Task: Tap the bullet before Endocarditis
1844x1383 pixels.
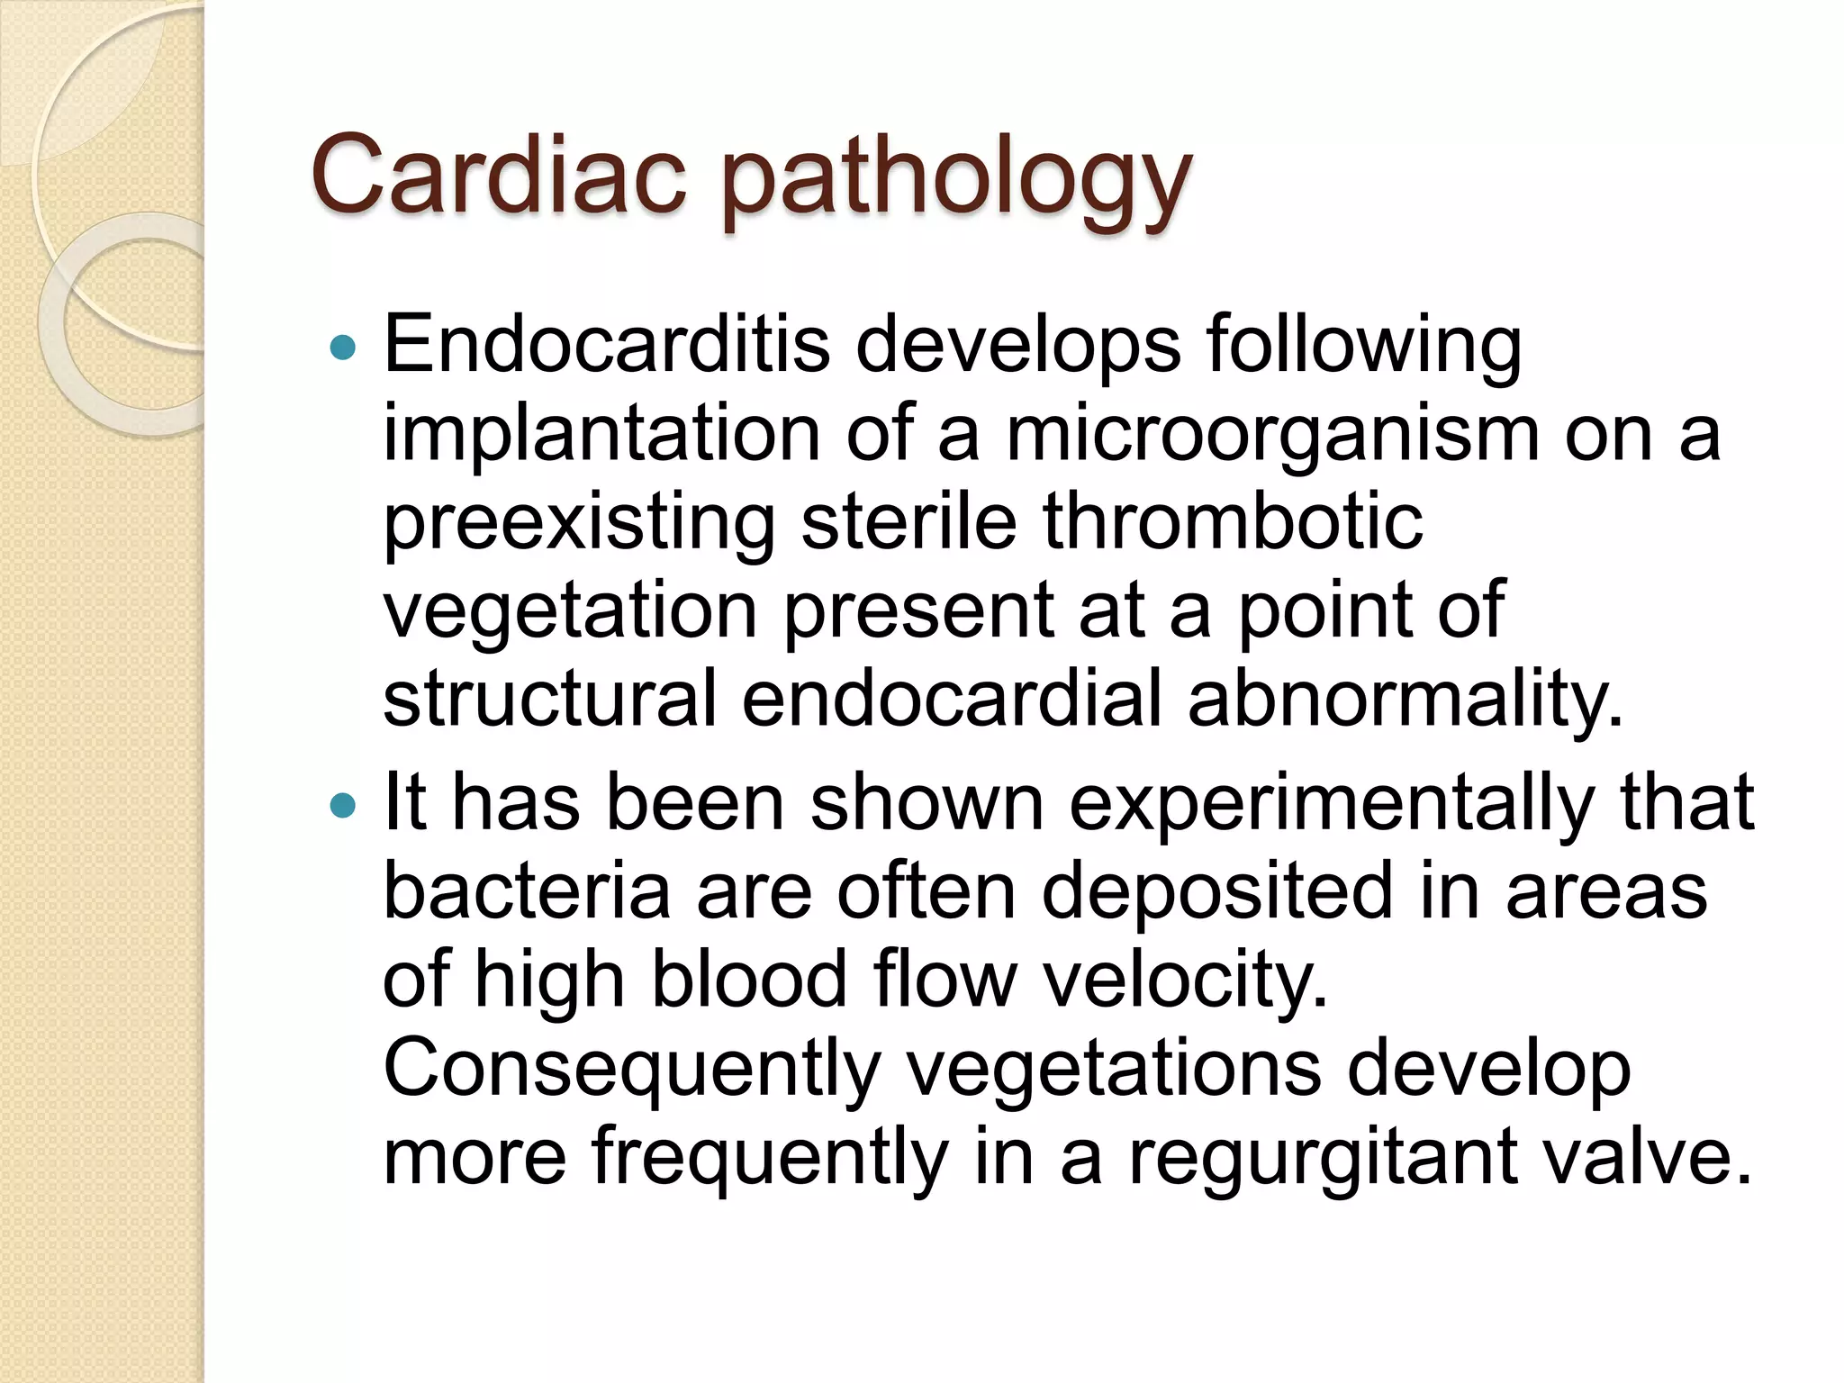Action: point(343,347)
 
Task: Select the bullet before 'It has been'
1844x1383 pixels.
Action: point(343,804)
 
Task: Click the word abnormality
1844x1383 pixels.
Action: point(1405,701)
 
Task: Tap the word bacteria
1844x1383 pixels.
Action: point(527,890)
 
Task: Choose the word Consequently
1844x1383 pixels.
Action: point(631,1070)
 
